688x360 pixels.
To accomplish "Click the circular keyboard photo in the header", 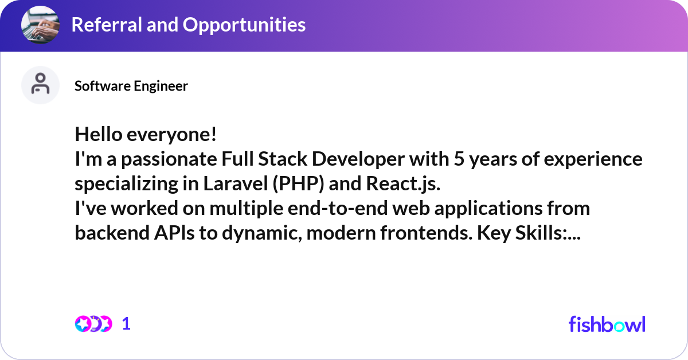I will click(41, 25).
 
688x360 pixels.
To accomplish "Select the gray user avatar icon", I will click(40, 85).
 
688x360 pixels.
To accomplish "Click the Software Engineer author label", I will click(131, 86).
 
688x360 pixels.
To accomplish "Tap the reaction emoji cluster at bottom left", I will click(93, 324).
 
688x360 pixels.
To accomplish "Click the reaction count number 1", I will click(127, 324).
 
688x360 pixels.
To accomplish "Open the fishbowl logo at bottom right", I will click(607, 324).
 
